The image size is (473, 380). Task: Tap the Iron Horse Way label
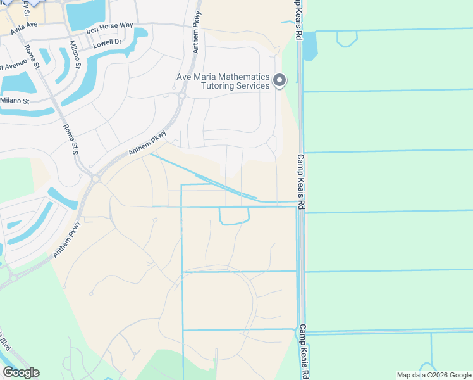click(x=110, y=27)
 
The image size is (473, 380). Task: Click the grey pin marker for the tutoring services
click(x=279, y=80)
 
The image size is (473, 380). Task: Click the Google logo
click(x=21, y=372)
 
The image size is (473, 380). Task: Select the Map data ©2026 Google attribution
click(x=434, y=375)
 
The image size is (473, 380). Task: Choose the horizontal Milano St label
click(x=14, y=101)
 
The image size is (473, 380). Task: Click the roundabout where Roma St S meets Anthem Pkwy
click(x=95, y=179)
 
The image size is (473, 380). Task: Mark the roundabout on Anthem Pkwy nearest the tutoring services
click(x=181, y=95)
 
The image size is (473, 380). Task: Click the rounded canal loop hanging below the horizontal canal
click(x=234, y=217)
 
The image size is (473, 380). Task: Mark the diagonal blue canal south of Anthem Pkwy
click(x=202, y=177)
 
